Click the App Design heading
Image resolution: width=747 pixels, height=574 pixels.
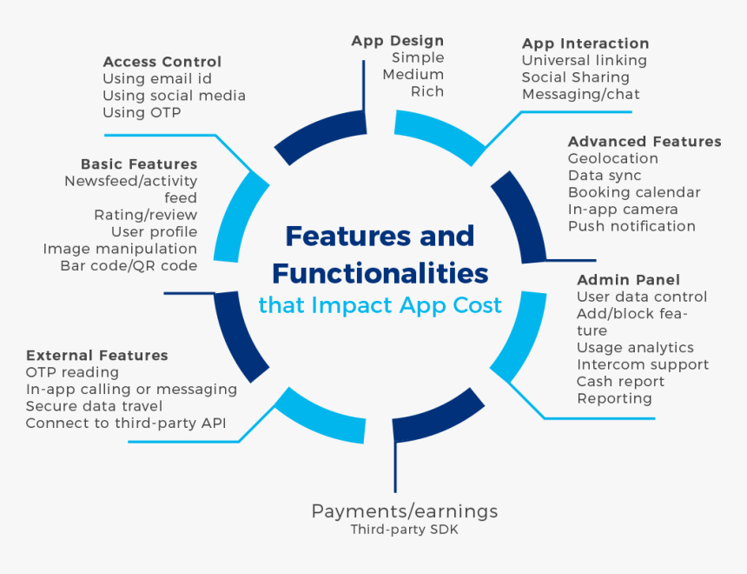tap(397, 42)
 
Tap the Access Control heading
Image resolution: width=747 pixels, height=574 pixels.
tap(162, 62)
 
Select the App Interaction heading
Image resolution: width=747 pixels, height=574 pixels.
tap(585, 43)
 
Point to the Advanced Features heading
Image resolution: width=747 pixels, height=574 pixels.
tap(645, 142)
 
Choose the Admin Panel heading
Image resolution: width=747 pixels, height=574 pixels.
tap(628, 280)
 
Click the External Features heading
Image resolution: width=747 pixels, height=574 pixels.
tap(97, 356)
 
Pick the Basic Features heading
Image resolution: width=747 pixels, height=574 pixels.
tap(139, 164)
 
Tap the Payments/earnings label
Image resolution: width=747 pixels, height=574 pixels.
tap(405, 511)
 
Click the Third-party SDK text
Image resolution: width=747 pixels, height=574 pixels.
tap(405, 530)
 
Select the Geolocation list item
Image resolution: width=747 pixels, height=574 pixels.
tap(612, 158)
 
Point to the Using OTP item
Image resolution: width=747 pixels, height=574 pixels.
tap(142, 112)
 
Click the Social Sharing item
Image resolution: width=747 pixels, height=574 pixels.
tap(576, 77)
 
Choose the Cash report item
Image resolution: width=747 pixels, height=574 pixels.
tap(620, 382)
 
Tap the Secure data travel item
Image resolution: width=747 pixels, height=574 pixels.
tap(94, 406)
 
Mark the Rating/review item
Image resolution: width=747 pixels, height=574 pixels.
tap(145, 215)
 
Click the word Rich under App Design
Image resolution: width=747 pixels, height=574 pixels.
tap(427, 91)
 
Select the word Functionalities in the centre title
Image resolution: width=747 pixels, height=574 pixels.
tap(380, 273)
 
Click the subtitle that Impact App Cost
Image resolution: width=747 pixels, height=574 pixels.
tap(380, 305)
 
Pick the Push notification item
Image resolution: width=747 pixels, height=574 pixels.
tap(631, 226)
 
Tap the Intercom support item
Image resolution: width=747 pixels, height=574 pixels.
tap(643, 365)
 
